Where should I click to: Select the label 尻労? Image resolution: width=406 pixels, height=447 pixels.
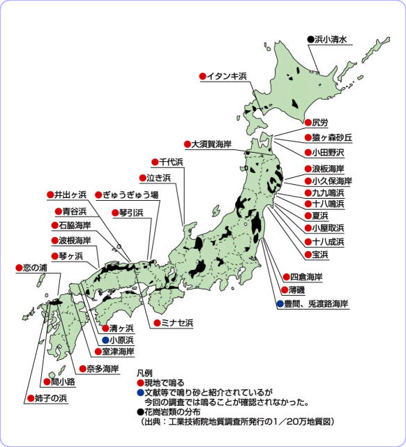319,123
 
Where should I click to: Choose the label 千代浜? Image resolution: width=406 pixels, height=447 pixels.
170,162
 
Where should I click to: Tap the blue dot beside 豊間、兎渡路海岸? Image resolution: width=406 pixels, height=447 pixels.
279,304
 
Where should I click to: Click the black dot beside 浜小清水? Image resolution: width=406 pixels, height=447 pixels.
310,40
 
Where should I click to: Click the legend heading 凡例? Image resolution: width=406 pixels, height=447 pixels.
144,374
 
